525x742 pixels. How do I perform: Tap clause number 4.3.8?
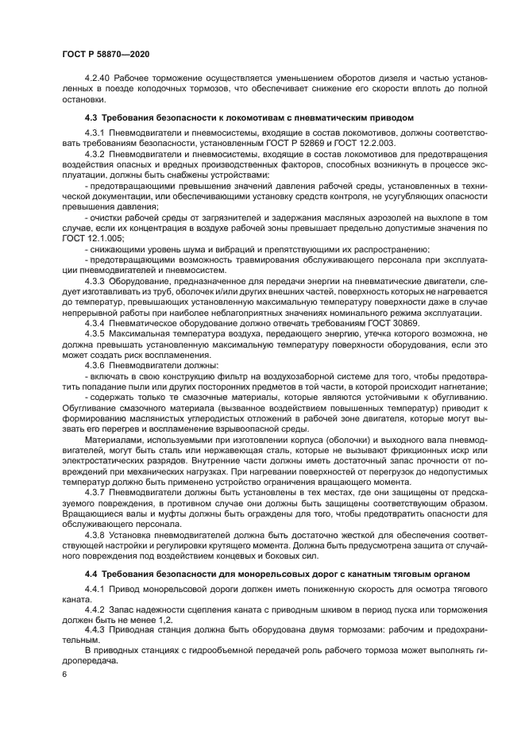click(x=96, y=536)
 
